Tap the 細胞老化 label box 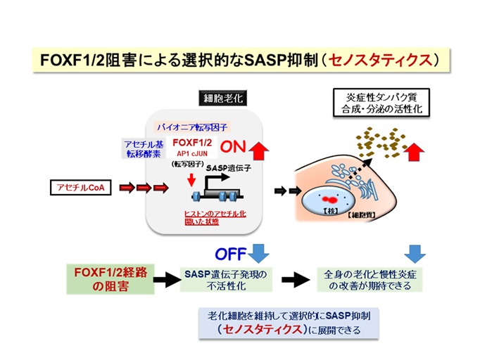(222, 99)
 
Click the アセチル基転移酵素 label (143, 148)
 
